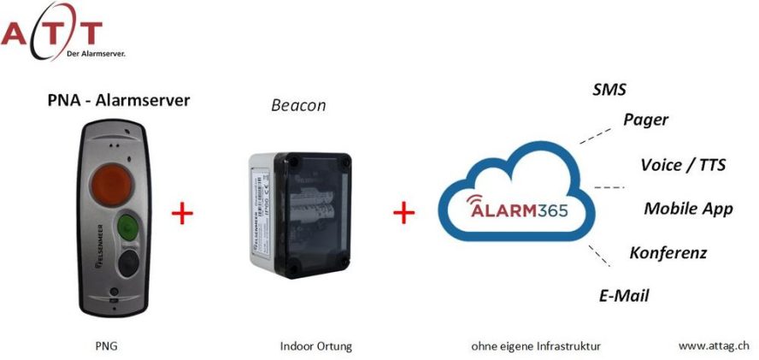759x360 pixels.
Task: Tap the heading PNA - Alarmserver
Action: (118, 101)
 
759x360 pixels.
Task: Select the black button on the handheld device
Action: (128, 262)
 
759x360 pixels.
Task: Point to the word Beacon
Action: (298, 106)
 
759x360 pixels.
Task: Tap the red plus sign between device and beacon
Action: (182, 214)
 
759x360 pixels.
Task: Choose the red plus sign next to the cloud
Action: (403, 212)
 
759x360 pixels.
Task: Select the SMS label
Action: (609, 90)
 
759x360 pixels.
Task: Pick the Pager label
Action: (645, 120)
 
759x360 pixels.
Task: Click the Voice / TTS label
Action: (683, 165)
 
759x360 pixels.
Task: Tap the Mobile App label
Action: (688, 209)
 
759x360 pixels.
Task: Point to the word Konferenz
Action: (668, 253)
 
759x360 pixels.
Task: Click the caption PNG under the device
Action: (106, 347)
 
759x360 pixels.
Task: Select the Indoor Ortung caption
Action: (315, 347)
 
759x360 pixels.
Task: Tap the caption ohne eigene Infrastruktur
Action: (535, 347)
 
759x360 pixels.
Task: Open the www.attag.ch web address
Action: (714, 345)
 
